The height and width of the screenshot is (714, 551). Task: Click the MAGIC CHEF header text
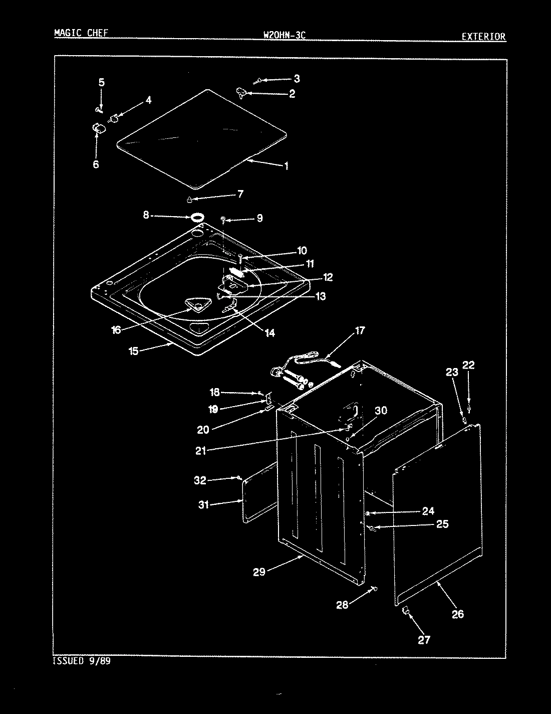pos(81,34)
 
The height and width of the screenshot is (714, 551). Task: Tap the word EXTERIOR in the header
pos(483,36)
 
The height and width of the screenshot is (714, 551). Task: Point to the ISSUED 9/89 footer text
pos(82,661)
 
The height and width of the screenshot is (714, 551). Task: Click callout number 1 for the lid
pos(286,166)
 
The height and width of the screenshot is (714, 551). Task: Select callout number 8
pos(146,215)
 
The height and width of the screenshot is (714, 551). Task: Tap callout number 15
pos(133,351)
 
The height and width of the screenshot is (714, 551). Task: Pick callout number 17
pos(360,330)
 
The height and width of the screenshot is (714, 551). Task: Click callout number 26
pos(458,614)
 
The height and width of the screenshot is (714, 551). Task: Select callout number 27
pos(424,640)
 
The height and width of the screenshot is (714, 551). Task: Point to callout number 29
pos(259,571)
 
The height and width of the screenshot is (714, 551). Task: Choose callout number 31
pos(203,505)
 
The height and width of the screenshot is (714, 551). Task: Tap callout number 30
pos(381,411)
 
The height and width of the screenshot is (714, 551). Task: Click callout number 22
pos(468,366)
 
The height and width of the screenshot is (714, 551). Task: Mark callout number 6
pos(96,164)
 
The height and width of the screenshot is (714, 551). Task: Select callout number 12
pos(328,277)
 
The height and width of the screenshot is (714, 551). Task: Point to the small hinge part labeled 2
pos(242,92)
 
